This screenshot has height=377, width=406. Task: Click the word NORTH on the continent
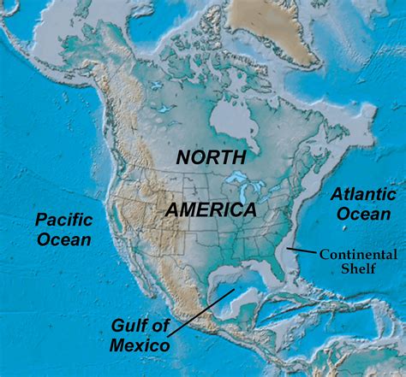(211, 157)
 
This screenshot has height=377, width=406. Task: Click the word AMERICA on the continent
(211, 209)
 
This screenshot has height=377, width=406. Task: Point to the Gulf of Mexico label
(140, 335)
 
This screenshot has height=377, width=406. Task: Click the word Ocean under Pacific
(63, 239)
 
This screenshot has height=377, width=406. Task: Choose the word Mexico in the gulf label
(140, 345)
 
